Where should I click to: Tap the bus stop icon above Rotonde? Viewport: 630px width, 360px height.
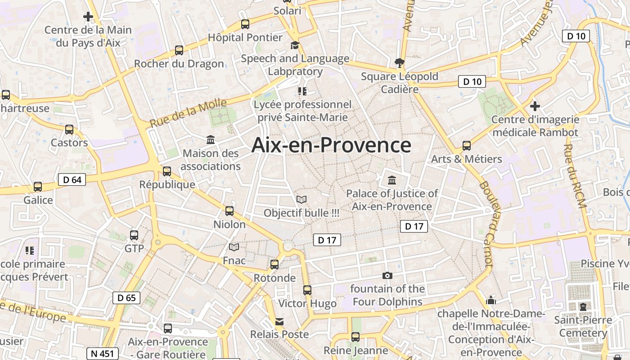pos(274,265)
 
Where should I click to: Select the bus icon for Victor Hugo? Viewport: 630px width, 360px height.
pos(307,290)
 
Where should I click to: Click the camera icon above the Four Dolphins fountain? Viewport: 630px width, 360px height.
pos(387,275)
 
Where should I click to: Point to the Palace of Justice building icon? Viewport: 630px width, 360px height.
pos(392,180)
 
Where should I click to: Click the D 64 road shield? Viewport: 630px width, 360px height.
pos(72,180)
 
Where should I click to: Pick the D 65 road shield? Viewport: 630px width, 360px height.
pos(126,297)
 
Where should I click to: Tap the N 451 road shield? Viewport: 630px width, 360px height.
pos(103,353)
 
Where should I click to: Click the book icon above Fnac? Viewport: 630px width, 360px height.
pos(234,247)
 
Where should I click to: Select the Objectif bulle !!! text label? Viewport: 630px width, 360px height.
pos(301,213)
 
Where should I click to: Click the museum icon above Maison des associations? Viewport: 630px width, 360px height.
pos(211,140)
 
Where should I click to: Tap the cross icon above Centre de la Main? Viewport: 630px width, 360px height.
pos(88,17)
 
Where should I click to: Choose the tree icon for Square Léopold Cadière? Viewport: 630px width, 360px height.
pos(399,63)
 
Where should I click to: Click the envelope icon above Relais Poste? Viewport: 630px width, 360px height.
pos(279,321)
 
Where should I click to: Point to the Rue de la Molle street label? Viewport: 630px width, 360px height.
pos(188,113)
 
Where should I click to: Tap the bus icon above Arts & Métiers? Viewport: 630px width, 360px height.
pos(467,146)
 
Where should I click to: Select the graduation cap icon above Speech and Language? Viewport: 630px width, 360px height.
pos(295,45)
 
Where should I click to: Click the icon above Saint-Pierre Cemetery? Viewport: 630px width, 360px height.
pos(583,307)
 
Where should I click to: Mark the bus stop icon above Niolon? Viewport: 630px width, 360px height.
pos(229,211)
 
